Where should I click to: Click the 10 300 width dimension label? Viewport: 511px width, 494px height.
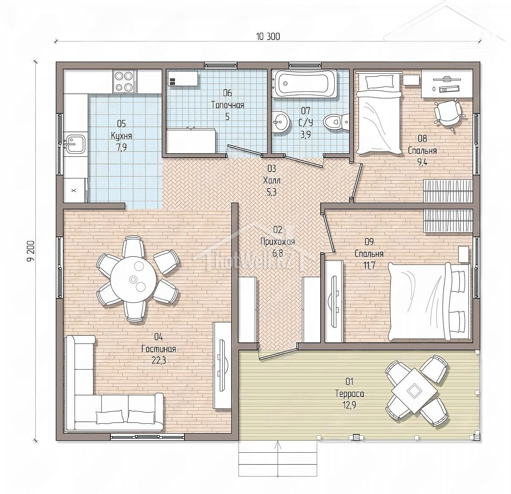click(x=268, y=37)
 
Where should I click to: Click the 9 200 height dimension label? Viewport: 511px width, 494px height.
click(x=32, y=250)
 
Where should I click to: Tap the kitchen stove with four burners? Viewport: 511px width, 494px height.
click(x=126, y=81)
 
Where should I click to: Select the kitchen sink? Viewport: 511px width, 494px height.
click(x=75, y=144)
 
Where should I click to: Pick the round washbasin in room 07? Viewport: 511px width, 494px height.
click(x=281, y=122)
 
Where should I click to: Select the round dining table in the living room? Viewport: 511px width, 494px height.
click(x=133, y=279)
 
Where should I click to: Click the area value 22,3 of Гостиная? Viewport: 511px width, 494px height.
click(x=158, y=360)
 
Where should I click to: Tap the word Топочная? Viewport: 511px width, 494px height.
click(x=227, y=105)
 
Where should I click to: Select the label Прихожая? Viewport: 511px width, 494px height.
click(x=278, y=241)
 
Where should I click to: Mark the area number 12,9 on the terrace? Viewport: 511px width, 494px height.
click(x=349, y=405)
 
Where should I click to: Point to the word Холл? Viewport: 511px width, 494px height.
click(x=272, y=181)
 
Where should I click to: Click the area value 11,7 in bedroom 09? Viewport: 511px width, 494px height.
click(x=369, y=265)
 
